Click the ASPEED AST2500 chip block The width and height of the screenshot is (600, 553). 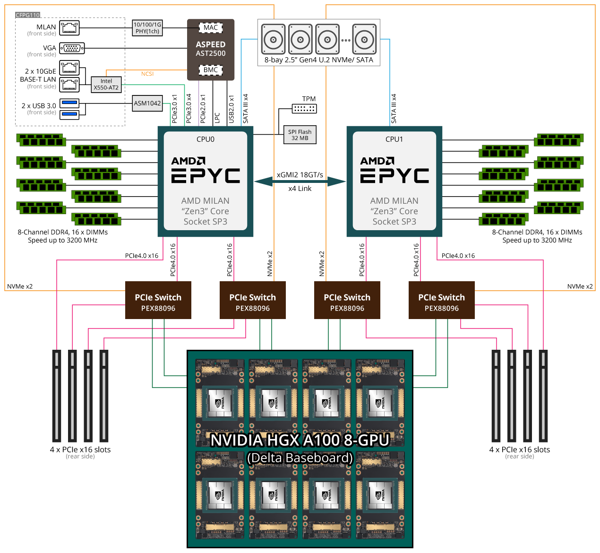pos(211,49)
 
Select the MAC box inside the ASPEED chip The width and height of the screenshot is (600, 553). pos(211,27)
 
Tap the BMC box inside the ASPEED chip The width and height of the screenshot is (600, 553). pos(211,70)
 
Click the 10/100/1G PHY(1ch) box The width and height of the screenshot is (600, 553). pos(147,28)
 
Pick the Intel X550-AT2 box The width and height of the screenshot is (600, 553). pos(106,84)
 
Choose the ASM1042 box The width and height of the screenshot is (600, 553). pos(147,103)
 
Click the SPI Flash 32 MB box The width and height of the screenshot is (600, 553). pos(300,135)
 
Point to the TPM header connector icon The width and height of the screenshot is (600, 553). pos(304,109)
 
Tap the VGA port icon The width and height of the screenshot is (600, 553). pos(72,48)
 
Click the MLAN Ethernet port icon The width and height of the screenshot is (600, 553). pos(69,27)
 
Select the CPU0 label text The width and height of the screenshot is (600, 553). pos(206,139)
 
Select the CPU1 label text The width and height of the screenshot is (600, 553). pos(394,139)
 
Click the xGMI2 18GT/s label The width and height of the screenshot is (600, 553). pos(300,175)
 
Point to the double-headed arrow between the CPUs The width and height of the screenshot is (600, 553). pos(300,181)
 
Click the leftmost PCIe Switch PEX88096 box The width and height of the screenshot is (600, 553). pos(158,300)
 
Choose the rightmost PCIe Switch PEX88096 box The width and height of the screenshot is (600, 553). pos(442,300)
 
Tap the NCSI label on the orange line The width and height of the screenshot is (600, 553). pos(147,74)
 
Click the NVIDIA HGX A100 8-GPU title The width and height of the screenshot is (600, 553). pos(300,440)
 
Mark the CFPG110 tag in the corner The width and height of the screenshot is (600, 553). pos(28,15)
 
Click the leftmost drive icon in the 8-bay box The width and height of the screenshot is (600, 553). pos(274,40)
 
